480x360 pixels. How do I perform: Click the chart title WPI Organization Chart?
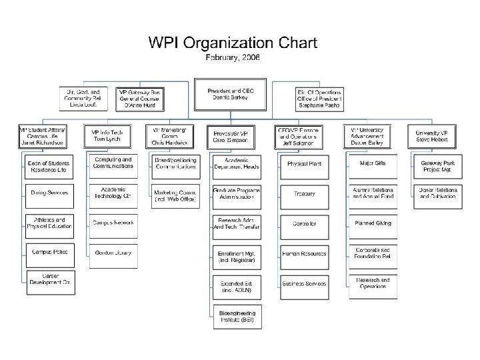(232, 44)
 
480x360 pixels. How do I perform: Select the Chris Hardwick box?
(169, 135)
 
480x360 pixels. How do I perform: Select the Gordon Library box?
(111, 253)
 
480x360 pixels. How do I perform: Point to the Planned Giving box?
(372, 223)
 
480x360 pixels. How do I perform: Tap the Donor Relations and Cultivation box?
(439, 193)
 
